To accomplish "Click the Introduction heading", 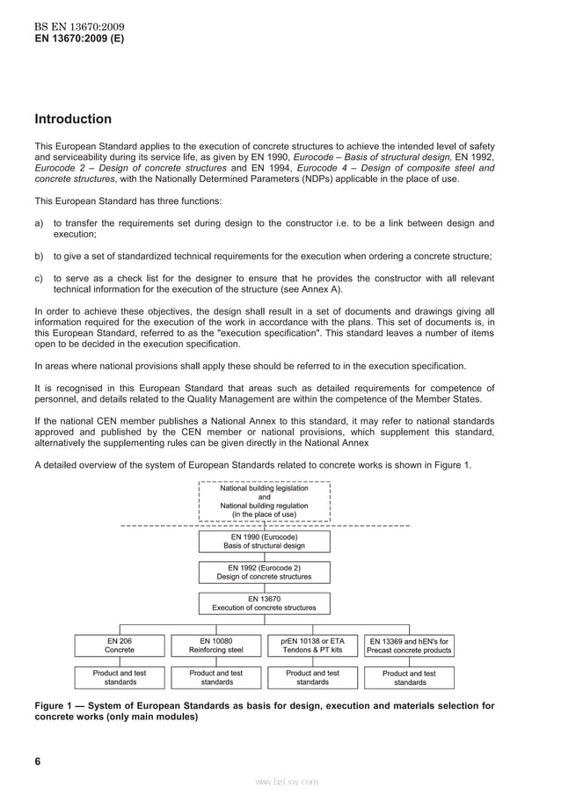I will click(x=73, y=120).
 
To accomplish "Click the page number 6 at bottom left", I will click(x=38, y=761).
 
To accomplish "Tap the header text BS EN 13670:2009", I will click(x=75, y=26).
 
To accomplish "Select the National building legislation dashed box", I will click(x=264, y=501).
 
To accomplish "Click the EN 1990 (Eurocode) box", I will click(x=264, y=541).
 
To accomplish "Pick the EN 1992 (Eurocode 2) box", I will click(x=264, y=572).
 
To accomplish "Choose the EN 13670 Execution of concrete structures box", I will click(x=264, y=603).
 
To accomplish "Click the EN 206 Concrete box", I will click(x=120, y=645).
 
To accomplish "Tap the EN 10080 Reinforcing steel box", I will click(x=216, y=645).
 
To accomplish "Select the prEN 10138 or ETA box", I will click(x=312, y=645).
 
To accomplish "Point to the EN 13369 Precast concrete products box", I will click(x=409, y=645).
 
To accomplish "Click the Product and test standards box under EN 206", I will click(x=120, y=677).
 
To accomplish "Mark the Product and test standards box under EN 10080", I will click(x=216, y=677).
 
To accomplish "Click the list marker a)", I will click(x=40, y=223).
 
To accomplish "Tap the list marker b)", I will click(x=40, y=257).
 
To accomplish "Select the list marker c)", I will click(x=40, y=279).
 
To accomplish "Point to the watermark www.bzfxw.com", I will click(x=287, y=781).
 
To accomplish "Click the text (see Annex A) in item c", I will click(x=313, y=290).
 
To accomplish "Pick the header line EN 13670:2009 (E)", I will click(x=79, y=40).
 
